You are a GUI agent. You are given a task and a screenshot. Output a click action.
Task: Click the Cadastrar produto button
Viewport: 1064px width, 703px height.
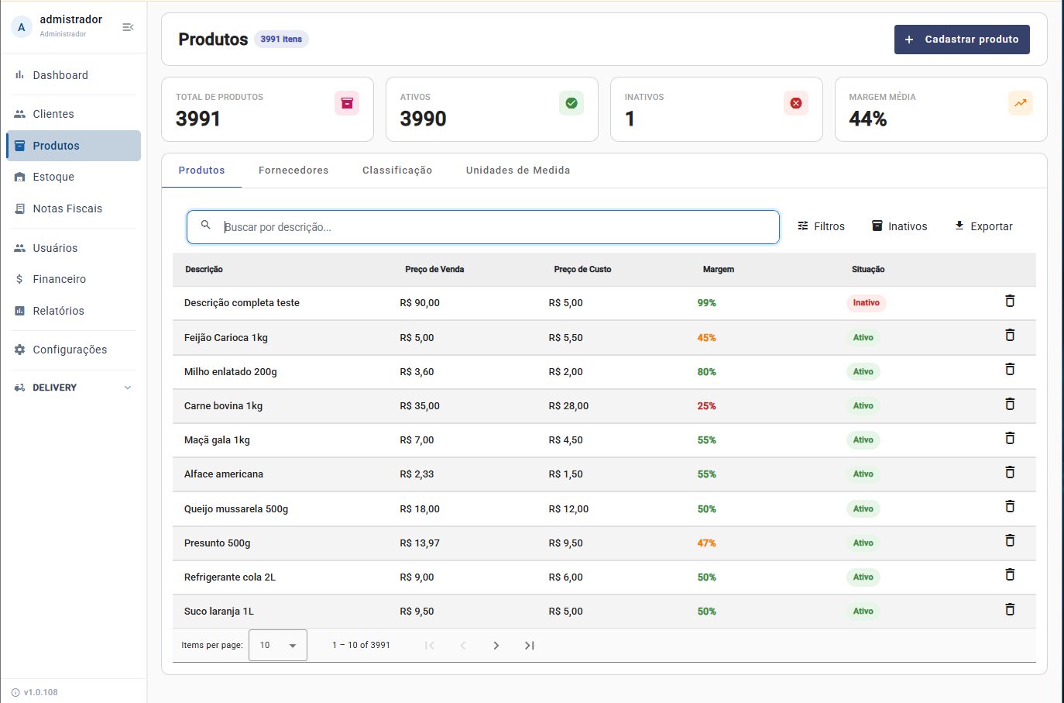coord(962,40)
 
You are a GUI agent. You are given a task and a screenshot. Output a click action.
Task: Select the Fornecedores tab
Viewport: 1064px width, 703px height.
coord(293,171)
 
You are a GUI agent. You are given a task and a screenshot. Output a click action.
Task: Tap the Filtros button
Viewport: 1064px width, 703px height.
coord(821,226)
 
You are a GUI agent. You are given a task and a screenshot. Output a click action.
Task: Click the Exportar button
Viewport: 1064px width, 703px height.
coord(983,226)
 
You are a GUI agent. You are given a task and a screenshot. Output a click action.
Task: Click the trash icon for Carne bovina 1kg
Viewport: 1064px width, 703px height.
coord(1010,404)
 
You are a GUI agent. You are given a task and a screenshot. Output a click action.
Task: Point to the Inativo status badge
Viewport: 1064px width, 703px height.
coord(866,303)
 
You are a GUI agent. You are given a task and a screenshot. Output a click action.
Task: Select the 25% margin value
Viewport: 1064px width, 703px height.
coord(706,406)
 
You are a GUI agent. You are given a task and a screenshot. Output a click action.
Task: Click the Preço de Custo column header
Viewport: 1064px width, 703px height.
coord(582,269)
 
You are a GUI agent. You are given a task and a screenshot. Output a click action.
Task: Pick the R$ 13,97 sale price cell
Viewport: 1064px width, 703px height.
coord(420,543)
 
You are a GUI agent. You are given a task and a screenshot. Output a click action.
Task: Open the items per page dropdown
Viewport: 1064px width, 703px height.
coord(278,645)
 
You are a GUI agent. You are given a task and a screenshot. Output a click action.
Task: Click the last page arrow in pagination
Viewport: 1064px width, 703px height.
coord(529,646)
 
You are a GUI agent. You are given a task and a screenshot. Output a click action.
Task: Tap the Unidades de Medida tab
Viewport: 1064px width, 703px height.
coord(518,171)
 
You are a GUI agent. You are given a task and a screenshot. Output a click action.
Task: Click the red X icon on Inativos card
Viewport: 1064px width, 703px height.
coord(795,103)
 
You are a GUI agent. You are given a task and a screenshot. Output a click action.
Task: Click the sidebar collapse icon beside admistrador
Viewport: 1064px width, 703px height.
coord(128,27)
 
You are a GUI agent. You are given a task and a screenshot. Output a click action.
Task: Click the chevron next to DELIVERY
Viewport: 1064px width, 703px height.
coord(127,388)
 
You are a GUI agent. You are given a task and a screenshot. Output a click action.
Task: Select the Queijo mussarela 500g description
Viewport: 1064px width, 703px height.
coord(236,509)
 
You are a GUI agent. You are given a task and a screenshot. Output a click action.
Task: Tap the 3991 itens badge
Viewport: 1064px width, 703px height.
coord(281,39)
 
